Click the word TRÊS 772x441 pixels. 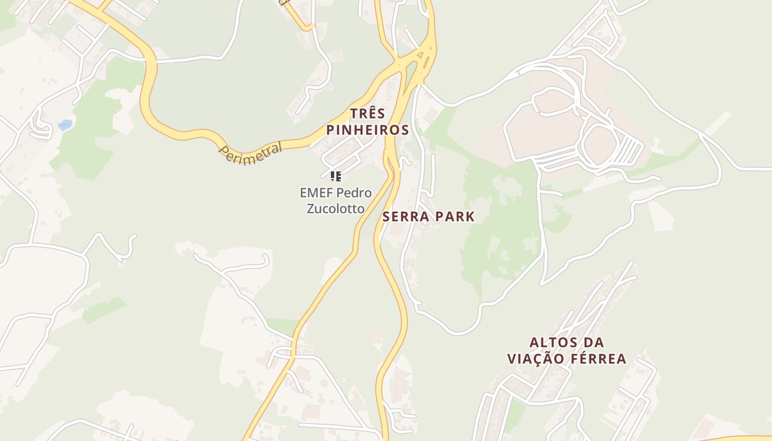(x=368, y=114)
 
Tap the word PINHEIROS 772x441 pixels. (x=368, y=130)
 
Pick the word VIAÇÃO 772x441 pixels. (x=536, y=359)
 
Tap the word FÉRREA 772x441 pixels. (x=598, y=359)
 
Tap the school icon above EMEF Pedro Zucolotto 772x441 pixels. (x=336, y=176)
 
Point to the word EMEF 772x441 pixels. (x=317, y=193)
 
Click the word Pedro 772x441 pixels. (x=354, y=193)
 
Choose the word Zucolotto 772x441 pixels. (x=335, y=208)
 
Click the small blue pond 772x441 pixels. (x=65, y=125)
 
